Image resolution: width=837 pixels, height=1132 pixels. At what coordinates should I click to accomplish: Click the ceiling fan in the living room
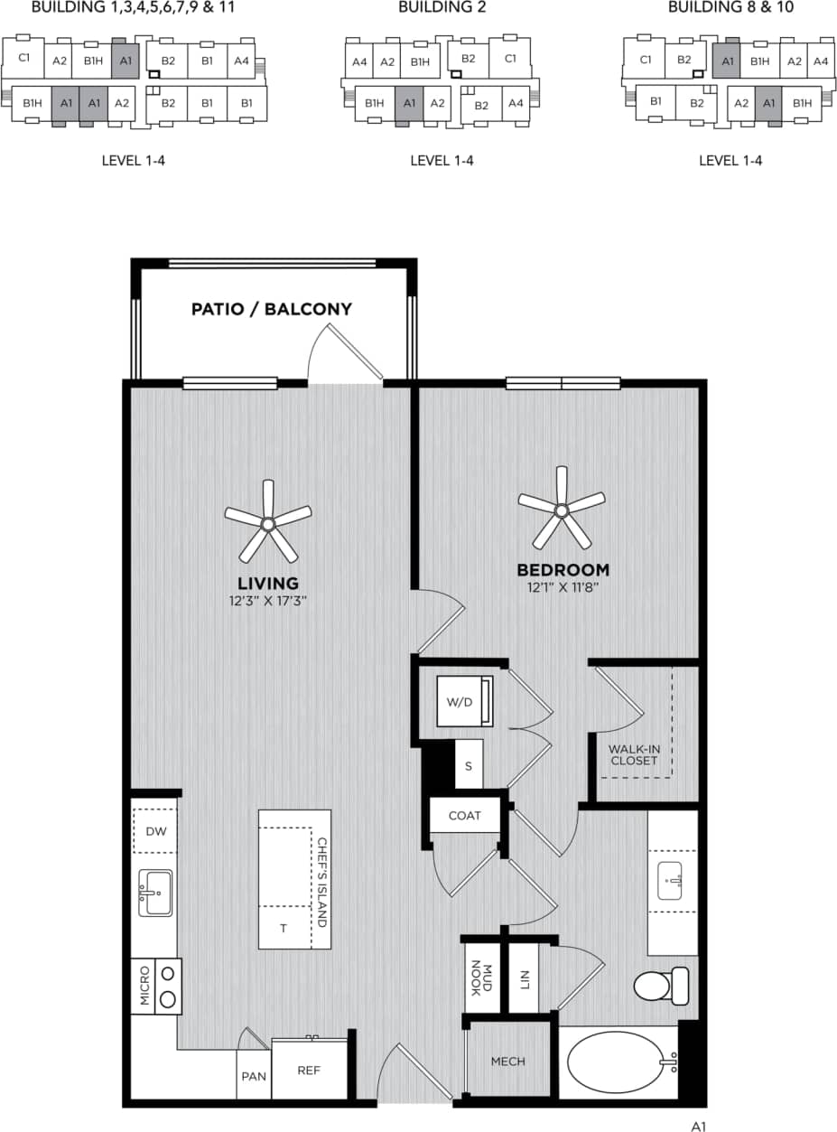coord(267,523)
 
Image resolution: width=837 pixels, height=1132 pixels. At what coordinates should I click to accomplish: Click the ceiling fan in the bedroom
coord(562,510)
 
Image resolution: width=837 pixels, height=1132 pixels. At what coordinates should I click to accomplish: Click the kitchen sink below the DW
coord(155,893)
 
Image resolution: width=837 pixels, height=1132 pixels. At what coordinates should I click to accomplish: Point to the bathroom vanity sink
coord(672,881)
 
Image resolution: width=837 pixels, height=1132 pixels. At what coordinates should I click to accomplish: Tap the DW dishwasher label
coord(155,832)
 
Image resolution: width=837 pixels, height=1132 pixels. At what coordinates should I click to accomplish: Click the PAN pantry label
coord(254,1077)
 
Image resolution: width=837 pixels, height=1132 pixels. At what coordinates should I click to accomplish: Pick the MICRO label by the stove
coord(144,986)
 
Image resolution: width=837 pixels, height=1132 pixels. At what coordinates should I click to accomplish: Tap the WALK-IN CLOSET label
coord(633,754)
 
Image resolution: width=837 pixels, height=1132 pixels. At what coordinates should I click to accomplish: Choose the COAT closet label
coord(465,815)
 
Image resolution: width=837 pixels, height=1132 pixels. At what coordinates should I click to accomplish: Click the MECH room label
coord(507,1062)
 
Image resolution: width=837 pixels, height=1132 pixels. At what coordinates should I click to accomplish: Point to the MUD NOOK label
coord(480,979)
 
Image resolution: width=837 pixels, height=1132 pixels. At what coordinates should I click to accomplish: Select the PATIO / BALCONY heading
coord(271,309)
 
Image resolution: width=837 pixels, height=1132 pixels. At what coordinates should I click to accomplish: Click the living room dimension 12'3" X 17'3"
coord(268,599)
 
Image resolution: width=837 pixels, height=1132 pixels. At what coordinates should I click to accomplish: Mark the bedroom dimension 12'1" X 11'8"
coord(563,586)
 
